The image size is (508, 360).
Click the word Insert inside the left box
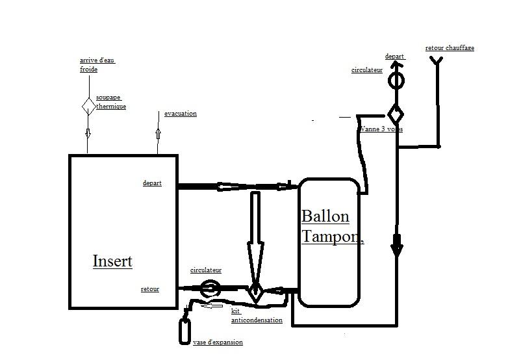pyautogui.click(x=112, y=261)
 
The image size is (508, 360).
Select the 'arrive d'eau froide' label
pyautogui.click(x=97, y=64)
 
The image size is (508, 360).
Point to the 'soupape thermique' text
pyautogui.click(x=110, y=102)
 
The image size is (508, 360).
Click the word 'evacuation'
pyautogui.click(x=180, y=114)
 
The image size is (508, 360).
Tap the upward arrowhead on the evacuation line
pyautogui.click(x=158, y=133)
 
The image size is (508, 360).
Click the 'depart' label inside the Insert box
pyautogui.click(x=152, y=183)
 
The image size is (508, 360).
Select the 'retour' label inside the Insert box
pyautogui.click(x=150, y=289)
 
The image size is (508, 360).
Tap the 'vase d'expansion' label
pyautogui.click(x=218, y=342)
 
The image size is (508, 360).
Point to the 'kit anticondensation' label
pyautogui.click(x=256, y=316)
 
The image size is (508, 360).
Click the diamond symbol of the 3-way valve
pyautogui.click(x=396, y=113)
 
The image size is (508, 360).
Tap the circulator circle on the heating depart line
pyautogui.click(x=396, y=81)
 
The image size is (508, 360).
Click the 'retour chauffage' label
pyautogui.click(x=450, y=48)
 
